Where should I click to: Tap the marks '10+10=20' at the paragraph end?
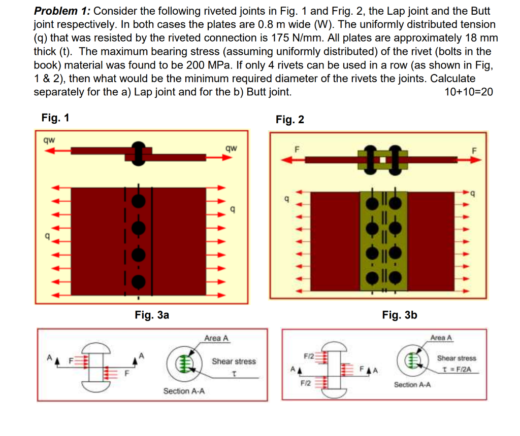pyautogui.click(x=468, y=92)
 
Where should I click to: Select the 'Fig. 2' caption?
pyautogui.click(x=290, y=120)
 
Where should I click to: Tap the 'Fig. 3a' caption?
pyautogui.click(x=152, y=315)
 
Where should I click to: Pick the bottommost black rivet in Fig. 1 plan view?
pyautogui.click(x=138, y=280)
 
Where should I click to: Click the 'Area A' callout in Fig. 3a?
pyautogui.click(x=216, y=338)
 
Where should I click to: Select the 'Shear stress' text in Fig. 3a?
pyautogui.click(x=234, y=361)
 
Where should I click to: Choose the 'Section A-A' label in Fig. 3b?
pyautogui.click(x=412, y=385)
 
